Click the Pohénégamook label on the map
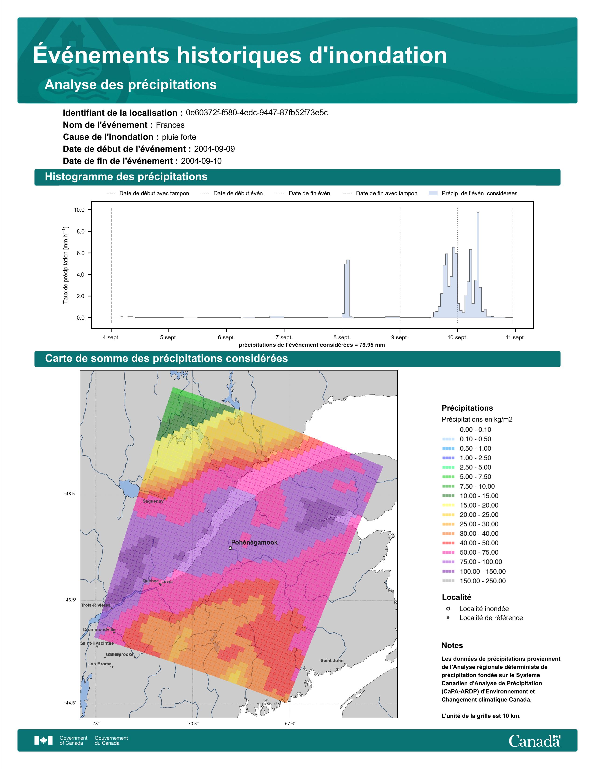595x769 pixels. pyautogui.click(x=254, y=542)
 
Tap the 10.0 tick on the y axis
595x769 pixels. pyautogui.click(x=79, y=210)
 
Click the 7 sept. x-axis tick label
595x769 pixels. pyautogui.click(x=284, y=337)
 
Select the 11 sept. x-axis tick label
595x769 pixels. pyautogui.click(x=515, y=337)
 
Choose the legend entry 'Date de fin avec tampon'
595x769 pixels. pyautogui.click(x=380, y=193)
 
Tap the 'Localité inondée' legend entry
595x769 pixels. pyautogui.click(x=478, y=609)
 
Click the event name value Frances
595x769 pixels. pyautogui.click(x=170, y=125)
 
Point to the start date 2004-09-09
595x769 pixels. pyautogui.click(x=214, y=149)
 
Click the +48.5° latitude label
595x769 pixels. pyautogui.click(x=70, y=494)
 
